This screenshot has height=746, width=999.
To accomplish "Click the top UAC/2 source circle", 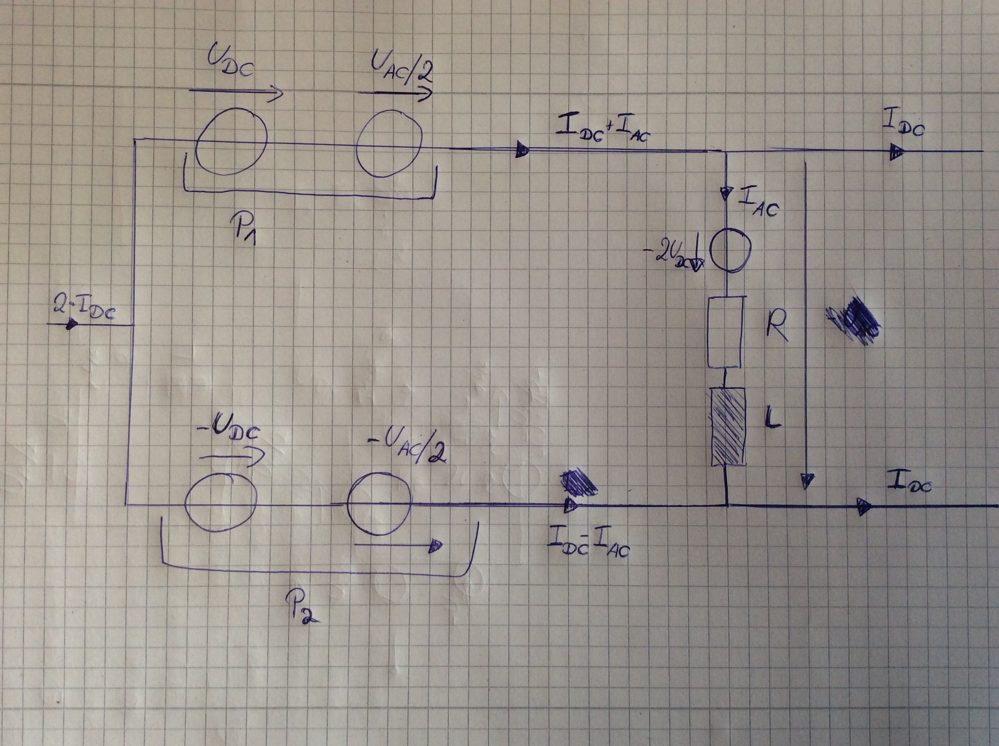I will tap(389, 144).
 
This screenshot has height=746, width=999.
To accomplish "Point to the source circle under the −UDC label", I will tap(221, 502).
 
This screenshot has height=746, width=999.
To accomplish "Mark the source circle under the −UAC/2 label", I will tap(379, 503).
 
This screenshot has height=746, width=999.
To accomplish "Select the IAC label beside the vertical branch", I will tap(758, 204).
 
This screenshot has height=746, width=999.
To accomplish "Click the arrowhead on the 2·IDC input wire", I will tap(71, 324).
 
